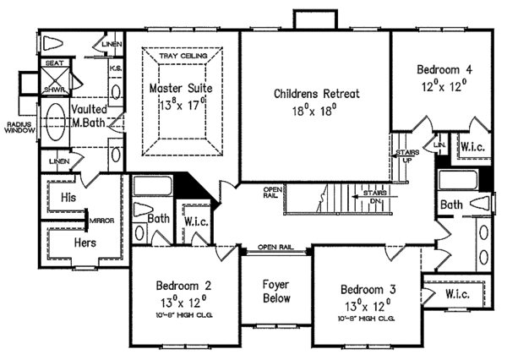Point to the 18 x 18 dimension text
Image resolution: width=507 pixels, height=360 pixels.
[315, 110]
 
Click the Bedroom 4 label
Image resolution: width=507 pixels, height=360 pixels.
[444, 68]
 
